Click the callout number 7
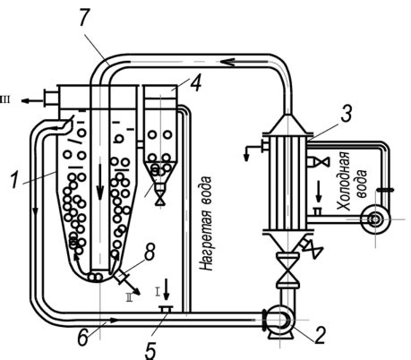(x=84, y=19)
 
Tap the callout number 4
(x=195, y=82)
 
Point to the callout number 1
(x=15, y=178)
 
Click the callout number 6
(x=82, y=337)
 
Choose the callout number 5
(x=150, y=349)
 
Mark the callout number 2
(x=319, y=335)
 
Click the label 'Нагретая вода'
(x=207, y=224)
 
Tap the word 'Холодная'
(x=343, y=181)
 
